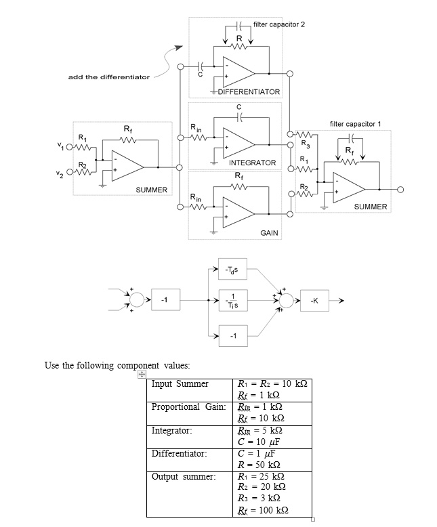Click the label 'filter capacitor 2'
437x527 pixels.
coord(278,24)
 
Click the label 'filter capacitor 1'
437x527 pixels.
coord(355,124)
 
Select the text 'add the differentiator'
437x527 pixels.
coord(109,77)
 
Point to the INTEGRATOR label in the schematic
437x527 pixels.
coord(252,163)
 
